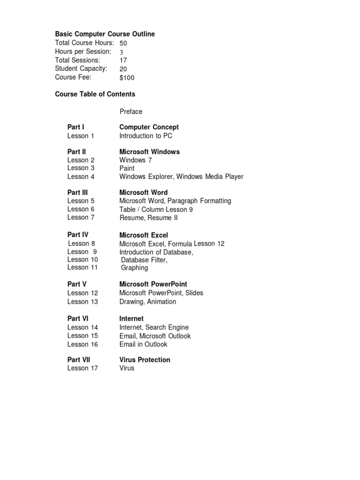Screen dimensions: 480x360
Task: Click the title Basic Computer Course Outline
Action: (105, 34)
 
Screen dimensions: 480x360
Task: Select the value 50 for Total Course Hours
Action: (123, 43)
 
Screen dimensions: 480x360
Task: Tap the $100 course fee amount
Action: (127, 78)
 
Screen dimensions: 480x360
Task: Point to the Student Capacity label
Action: (81, 68)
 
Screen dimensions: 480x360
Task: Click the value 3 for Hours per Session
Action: (121, 52)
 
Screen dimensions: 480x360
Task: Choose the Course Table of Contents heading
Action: (95, 94)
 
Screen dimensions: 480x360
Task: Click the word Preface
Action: (131, 112)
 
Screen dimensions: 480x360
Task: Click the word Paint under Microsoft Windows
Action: (127, 168)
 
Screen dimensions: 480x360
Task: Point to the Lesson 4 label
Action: (81, 177)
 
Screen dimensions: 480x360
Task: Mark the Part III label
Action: (78, 192)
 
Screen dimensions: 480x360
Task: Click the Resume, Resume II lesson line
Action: (149, 217)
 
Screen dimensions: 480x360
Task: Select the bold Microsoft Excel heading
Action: (143, 235)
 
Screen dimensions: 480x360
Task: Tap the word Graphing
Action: (135, 268)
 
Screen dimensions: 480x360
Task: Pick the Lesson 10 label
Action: (82, 259)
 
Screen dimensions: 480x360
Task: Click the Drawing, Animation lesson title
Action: (148, 301)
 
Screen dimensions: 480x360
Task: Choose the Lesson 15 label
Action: (82, 336)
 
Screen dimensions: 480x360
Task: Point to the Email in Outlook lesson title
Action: (143, 344)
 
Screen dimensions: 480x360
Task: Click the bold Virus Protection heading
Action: (145, 360)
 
